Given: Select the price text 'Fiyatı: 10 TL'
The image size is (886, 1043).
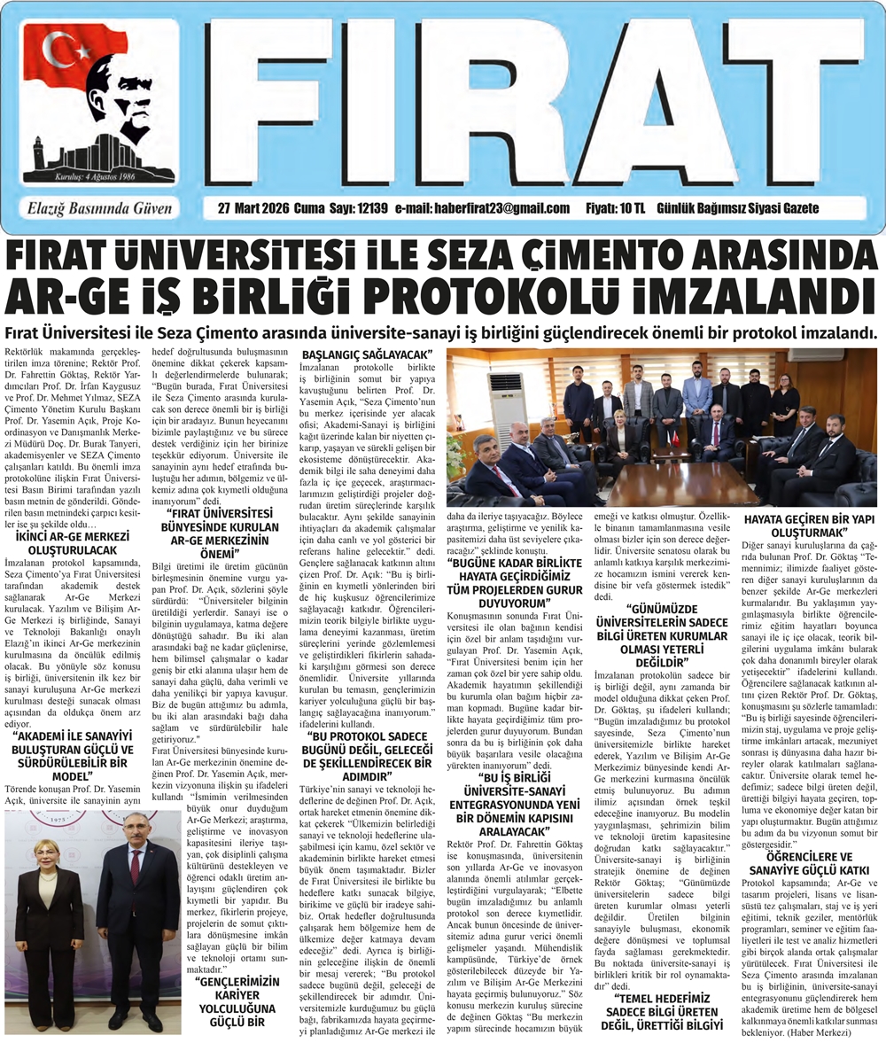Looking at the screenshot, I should (616, 208).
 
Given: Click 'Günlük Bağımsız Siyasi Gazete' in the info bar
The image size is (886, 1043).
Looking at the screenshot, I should (738, 208).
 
